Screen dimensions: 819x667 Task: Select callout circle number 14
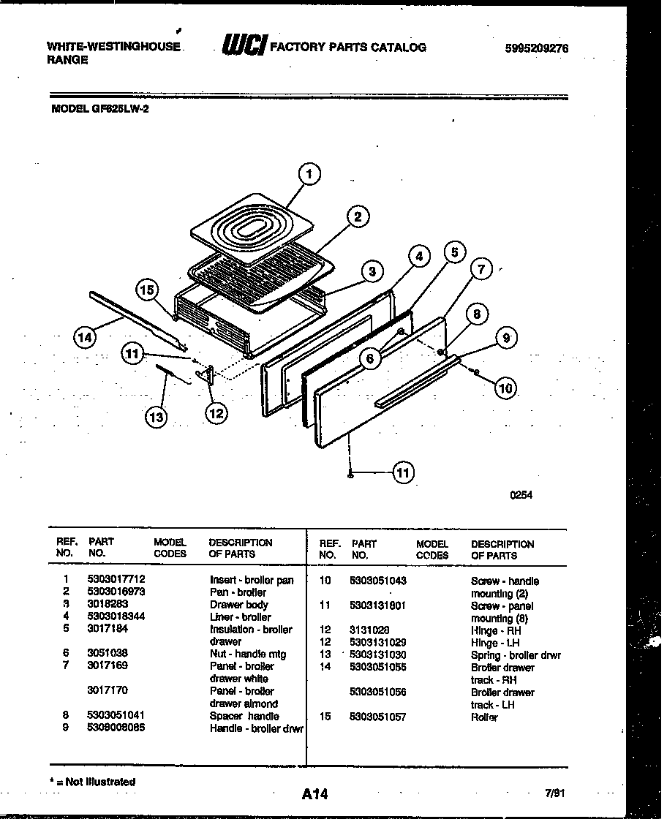tap(85, 337)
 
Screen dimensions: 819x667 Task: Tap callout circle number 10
tap(505, 388)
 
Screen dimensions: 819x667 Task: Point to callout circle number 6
tap(371, 358)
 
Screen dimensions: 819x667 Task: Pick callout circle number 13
tap(156, 417)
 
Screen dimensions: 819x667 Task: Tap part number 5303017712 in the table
tap(111, 579)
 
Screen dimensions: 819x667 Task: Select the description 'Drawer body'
tap(238, 605)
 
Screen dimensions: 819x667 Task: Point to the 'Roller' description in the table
tap(483, 717)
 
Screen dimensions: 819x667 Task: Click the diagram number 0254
tap(521, 495)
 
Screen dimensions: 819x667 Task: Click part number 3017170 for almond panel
tap(108, 691)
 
